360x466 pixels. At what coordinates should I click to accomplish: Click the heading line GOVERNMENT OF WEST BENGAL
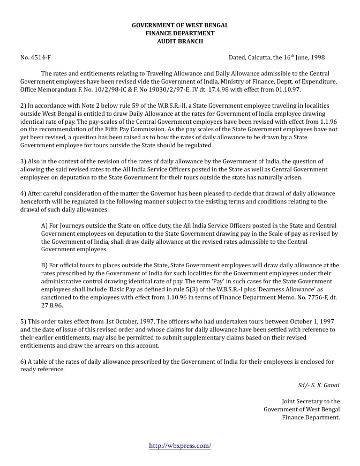[180, 25]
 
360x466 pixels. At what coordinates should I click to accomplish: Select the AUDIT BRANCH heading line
[180, 41]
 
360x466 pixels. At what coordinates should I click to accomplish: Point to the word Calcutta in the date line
[261, 57]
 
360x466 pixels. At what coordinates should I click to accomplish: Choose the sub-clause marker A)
[45, 227]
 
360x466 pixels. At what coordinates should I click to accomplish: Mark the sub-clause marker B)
[45, 265]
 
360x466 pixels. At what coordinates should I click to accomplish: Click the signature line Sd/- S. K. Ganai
[318, 385]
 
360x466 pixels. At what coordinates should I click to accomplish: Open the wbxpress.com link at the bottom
[179, 446]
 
